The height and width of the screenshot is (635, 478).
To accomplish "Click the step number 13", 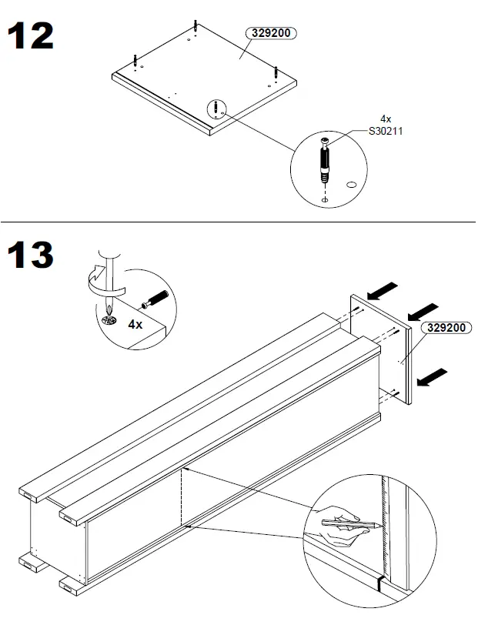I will [31, 255].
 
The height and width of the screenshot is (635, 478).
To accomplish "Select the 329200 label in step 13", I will [447, 327].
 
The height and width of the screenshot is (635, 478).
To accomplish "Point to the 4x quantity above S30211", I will [386, 119].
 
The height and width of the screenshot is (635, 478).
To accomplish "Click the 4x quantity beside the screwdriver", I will [135, 324].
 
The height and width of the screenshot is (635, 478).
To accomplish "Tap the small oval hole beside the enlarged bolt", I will [352, 185].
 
